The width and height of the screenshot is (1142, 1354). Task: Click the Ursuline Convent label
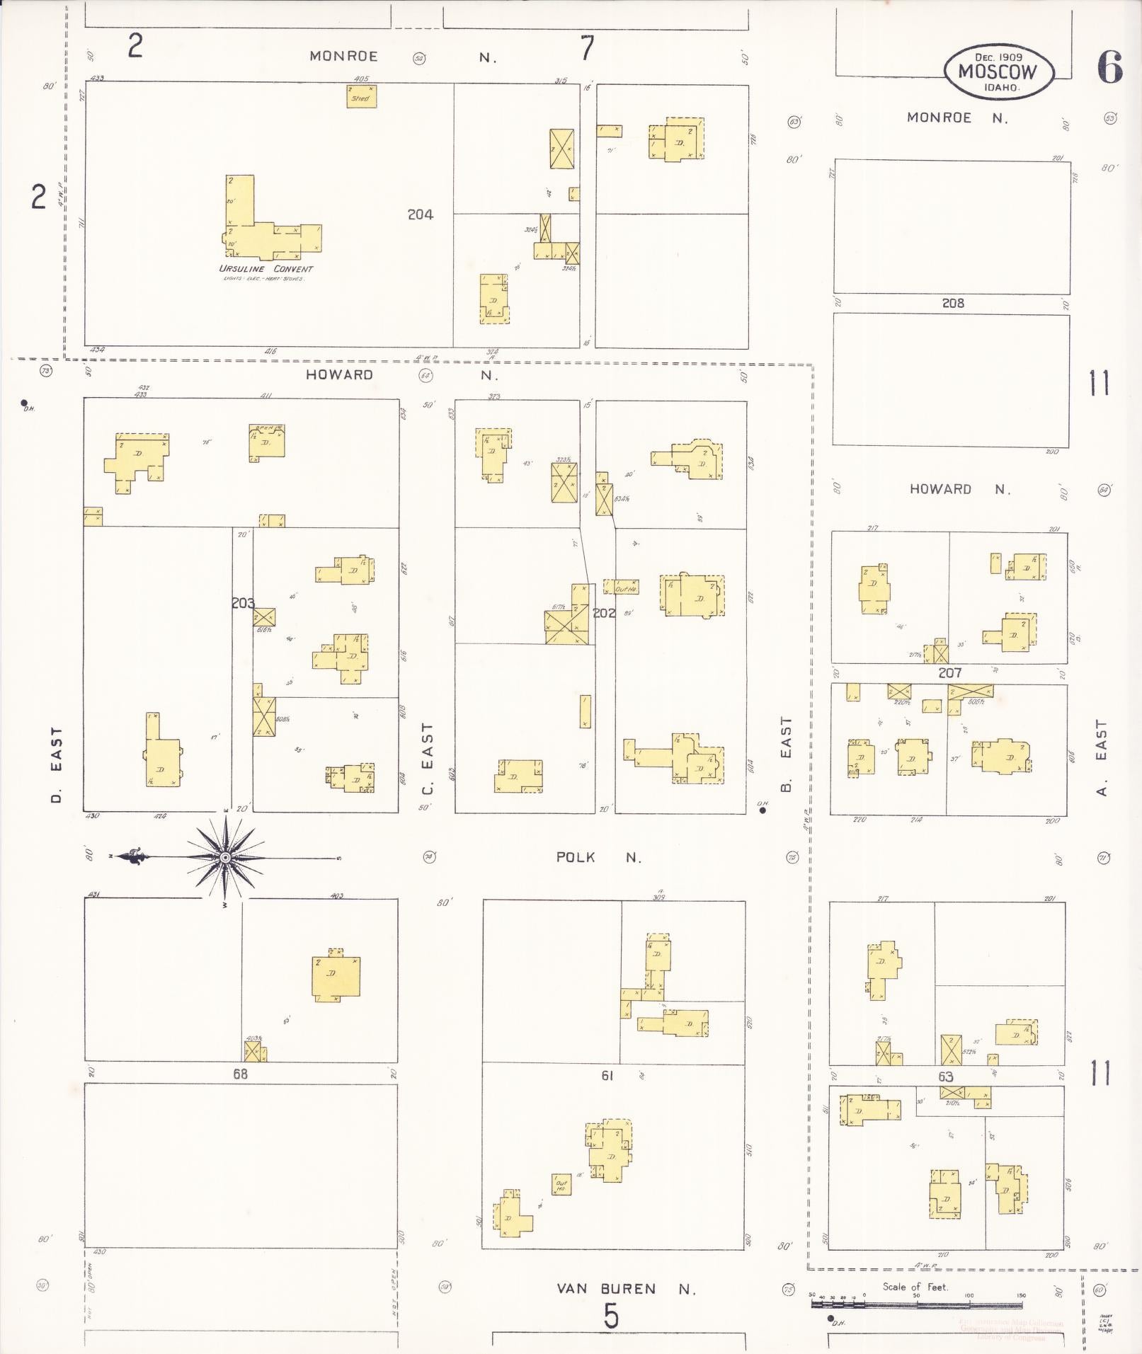[265, 269]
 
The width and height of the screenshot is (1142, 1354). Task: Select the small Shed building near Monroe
[361, 96]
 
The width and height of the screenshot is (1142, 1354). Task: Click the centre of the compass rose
[225, 858]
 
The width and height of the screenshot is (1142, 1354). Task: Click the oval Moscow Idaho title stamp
[998, 71]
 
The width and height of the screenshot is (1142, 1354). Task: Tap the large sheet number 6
[1109, 68]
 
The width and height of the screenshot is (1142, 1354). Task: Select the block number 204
[420, 214]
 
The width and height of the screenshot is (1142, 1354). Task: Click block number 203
[243, 603]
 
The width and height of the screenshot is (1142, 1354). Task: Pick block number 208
[952, 303]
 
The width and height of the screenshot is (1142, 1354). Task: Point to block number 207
[949, 672]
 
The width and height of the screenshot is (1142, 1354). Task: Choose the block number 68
[240, 1074]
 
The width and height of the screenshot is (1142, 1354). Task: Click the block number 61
[607, 1075]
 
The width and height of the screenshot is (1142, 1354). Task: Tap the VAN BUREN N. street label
[626, 1289]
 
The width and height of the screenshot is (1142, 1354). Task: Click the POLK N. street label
[598, 858]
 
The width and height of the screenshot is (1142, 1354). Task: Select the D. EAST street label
[57, 766]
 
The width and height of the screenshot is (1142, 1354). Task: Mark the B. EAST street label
[786, 755]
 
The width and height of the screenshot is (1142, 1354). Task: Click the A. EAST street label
[1101, 757]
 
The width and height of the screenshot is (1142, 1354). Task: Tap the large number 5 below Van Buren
[611, 1316]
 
